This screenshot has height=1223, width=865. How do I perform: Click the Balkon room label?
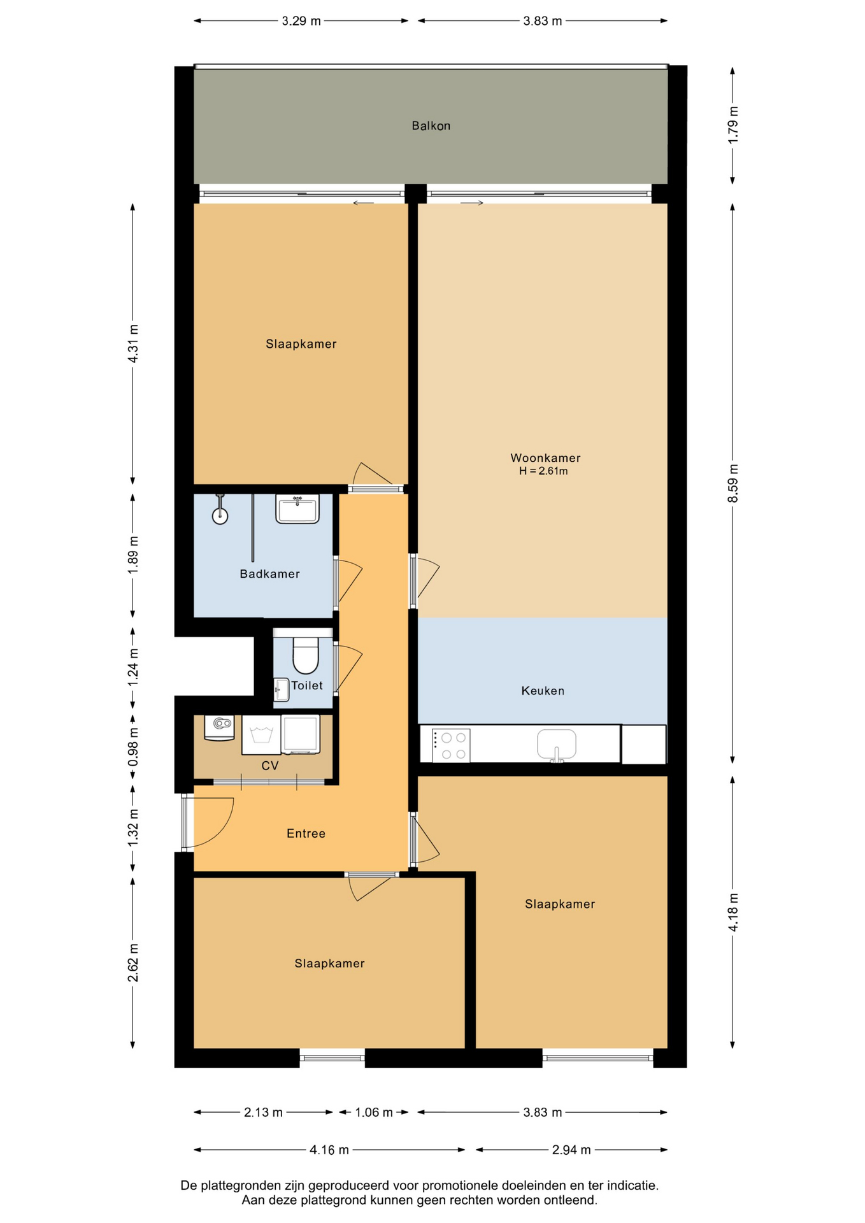coord(431,125)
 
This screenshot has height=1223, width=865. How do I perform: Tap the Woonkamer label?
coord(545,457)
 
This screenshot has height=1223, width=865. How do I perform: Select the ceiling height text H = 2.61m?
coord(543,471)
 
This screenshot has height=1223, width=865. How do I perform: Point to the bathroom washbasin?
coord(297,509)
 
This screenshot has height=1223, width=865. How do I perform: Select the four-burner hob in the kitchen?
coord(451,745)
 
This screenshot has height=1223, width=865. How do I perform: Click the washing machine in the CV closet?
coord(261,735)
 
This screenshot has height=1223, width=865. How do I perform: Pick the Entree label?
coord(306,833)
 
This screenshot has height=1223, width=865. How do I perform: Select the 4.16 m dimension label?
coord(329,1150)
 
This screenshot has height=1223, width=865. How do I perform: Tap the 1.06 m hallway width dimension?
coord(373,1112)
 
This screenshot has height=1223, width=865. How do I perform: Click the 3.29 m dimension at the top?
coord(301,21)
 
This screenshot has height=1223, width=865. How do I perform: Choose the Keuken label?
coord(543,690)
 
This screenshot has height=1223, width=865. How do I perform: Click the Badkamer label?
coord(269,574)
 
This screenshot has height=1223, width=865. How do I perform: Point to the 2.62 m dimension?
coord(132,962)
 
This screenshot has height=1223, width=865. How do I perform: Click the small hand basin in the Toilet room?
coord(281,690)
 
